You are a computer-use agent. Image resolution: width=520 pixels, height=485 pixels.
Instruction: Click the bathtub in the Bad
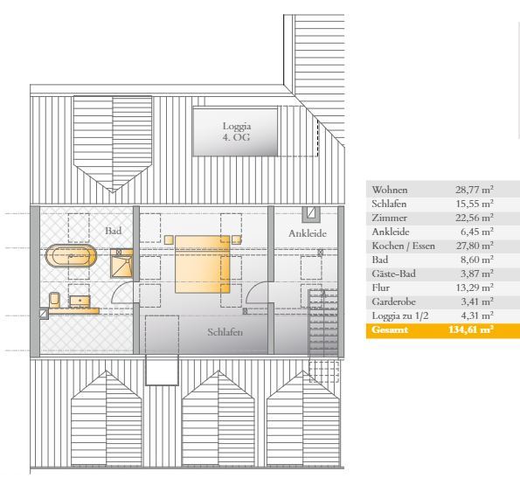coord(71,255)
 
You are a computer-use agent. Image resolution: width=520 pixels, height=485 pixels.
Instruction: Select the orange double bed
coord(202,264)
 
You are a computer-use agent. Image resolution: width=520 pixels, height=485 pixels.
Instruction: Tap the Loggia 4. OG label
coord(237,132)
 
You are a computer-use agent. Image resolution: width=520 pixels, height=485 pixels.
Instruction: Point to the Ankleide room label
coord(308,233)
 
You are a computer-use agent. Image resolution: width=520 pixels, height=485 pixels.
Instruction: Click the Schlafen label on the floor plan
coord(225,332)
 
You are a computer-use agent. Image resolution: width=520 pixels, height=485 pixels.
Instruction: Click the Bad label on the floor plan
coord(113,231)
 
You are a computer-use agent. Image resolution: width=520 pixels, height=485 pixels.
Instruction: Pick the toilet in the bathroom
coord(54,300)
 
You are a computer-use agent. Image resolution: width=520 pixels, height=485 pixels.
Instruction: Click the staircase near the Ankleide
coord(323,322)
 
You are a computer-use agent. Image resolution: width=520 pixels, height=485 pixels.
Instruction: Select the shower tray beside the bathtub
coord(121,264)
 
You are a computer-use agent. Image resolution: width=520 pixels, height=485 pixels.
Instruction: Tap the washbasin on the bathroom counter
coord(80,301)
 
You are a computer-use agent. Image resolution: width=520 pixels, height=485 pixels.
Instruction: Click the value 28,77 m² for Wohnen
coord(475,190)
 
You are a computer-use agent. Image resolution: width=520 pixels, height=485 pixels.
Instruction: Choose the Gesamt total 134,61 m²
coord(470,329)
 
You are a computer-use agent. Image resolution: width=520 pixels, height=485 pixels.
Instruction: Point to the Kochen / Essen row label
coord(403,246)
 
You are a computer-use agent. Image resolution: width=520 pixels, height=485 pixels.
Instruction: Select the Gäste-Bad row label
coord(393,274)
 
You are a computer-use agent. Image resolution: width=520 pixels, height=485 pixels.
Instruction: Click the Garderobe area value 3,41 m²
coord(477,301)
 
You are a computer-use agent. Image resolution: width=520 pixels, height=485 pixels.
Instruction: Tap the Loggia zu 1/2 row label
coord(400,316)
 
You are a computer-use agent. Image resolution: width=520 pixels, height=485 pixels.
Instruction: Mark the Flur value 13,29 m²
coord(475,288)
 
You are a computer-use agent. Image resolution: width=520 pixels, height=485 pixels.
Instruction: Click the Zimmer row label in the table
coord(389,218)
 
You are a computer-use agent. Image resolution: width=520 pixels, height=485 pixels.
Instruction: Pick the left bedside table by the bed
coord(169,239)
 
